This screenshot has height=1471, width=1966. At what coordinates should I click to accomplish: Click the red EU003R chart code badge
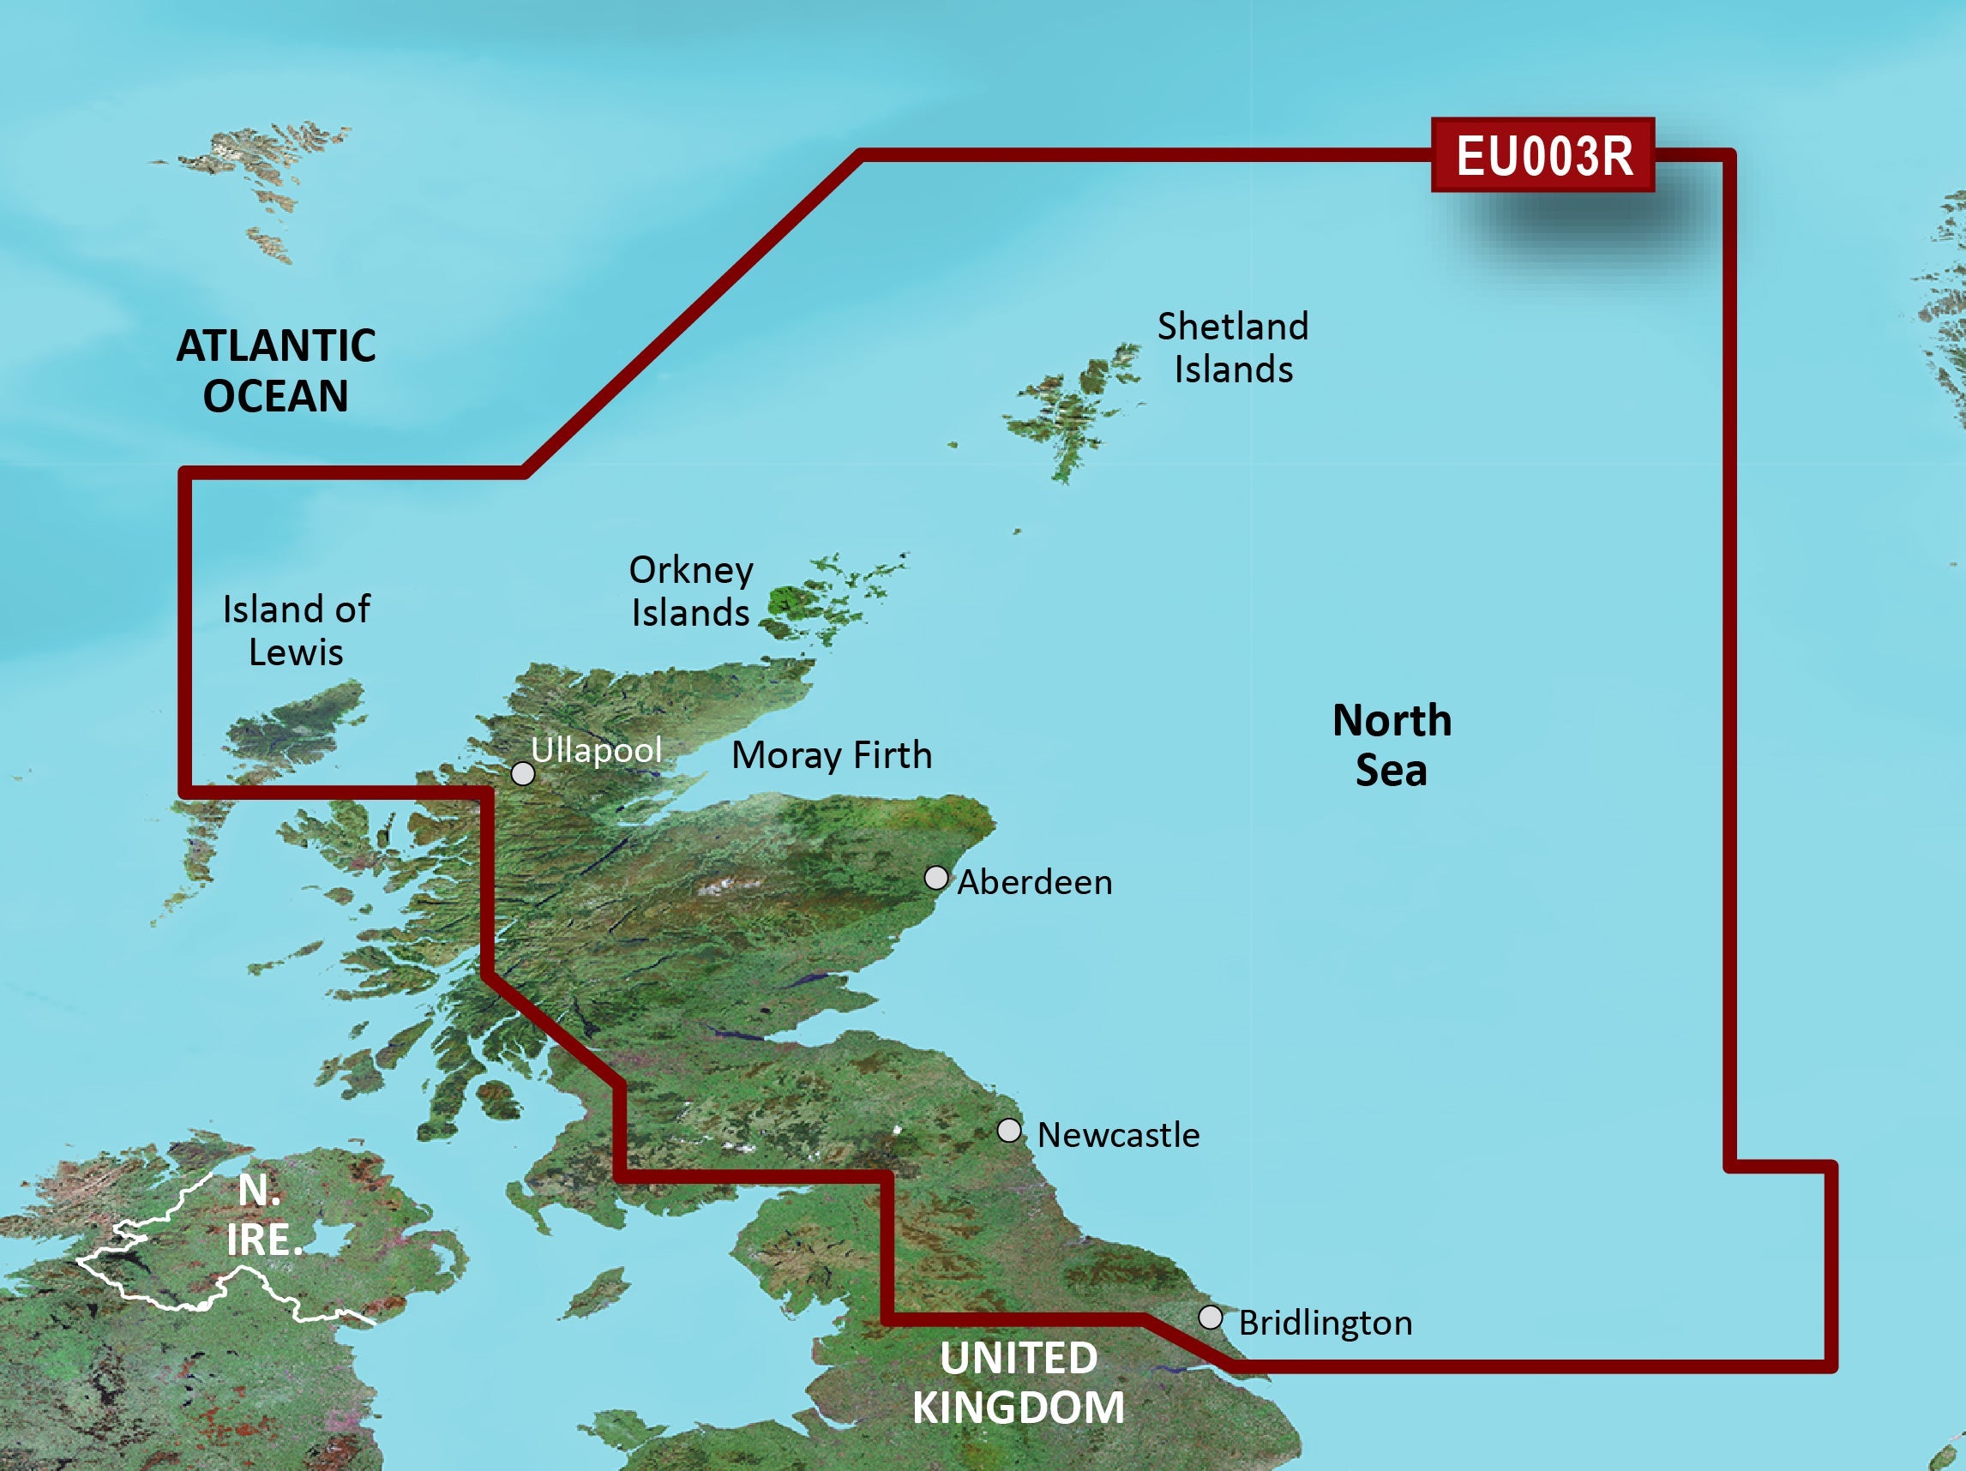coord(1543,155)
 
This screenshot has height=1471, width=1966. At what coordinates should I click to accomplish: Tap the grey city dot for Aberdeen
coord(936,878)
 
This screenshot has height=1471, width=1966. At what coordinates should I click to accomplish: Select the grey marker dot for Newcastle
coord(1009,1131)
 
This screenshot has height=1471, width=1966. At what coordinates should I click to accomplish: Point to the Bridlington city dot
coord(1211,1318)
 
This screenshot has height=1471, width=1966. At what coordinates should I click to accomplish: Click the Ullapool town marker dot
coord(523,774)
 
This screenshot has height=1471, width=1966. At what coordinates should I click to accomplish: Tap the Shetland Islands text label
coord(1233,347)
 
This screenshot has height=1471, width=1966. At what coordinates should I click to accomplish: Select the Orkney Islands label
coord(690,591)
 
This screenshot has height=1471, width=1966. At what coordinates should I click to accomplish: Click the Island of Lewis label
coord(296,630)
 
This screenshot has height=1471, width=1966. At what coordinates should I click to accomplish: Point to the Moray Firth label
coord(831,755)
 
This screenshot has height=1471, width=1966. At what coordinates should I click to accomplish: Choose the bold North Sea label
coord(1391,745)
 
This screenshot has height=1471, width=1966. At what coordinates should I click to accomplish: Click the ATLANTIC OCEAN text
coord(275,370)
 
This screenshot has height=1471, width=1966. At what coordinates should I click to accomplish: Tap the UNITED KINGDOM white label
coord(1019,1383)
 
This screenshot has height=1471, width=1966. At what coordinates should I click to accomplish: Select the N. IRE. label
coord(263,1214)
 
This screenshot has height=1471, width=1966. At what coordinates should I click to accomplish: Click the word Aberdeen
coord(1035,883)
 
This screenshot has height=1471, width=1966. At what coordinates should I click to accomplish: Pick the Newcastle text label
coord(1118,1135)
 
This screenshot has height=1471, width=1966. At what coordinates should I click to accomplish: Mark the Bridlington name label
coord(1326,1323)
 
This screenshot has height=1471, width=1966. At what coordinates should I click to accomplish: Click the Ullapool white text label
coord(597,750)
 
